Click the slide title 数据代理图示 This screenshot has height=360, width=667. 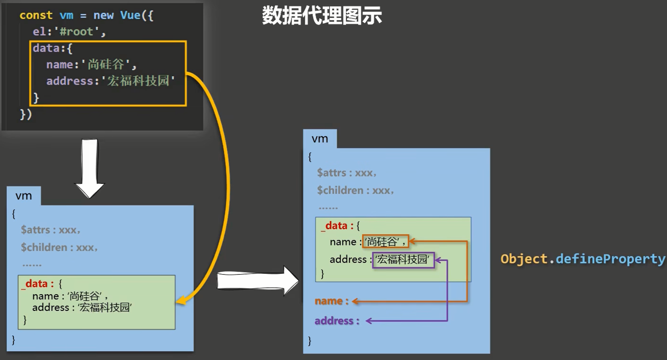(322, 16)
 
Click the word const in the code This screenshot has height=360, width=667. (36, 15)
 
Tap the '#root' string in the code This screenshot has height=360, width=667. (77, 32)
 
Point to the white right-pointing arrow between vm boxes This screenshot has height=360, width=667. (258, 281)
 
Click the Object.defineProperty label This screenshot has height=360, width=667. (583, 259)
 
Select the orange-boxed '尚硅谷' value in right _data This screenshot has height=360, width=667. (385, 241)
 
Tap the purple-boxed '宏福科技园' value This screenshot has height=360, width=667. (403, 260)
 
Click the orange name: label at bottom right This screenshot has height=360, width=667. (331, 301)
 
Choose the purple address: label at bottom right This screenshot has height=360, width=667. (337, 321)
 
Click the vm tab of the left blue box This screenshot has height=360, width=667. (23, 196)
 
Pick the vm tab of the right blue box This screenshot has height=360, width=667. (320, 139)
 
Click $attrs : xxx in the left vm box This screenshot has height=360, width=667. (50, 230)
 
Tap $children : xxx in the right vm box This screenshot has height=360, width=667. (355, 190)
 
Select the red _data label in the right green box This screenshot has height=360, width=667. (336, 226)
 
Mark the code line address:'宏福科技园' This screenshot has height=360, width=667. (110, 81)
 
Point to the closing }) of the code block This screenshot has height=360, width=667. (26, 114)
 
